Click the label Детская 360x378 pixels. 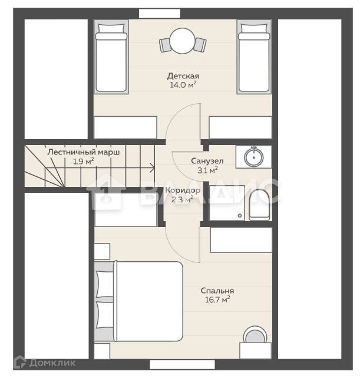(183, 76)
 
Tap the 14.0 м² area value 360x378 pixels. (183, 84)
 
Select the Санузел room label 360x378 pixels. (207, 161)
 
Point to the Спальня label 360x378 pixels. (217, 291)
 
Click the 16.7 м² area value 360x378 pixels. (217, 300)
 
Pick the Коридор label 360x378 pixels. (183, 190)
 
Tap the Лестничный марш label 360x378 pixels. (83, 152)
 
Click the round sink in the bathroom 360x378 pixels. (253, 157)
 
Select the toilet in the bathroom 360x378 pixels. (259, 205)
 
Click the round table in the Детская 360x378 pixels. (182, 41)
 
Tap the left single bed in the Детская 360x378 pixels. (111, 57)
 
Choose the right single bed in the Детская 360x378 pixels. (254, 57)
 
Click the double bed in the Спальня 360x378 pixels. (138, 301)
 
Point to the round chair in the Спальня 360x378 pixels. (255, 334)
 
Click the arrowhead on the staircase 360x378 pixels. (153, 168)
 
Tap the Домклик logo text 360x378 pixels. (52, 363)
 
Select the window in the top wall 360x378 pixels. (160, 13)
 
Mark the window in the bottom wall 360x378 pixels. (182, 364)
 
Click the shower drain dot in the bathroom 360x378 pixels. (240, 215)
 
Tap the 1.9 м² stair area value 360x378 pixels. (83, 161)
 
